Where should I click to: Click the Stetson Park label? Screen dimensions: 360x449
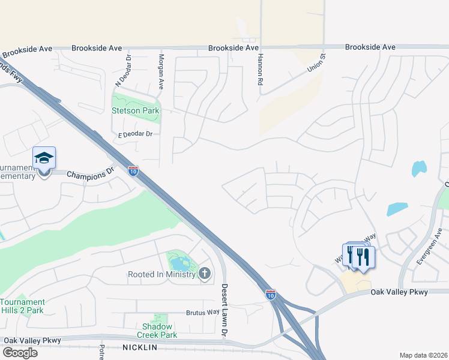[x=135, y=110]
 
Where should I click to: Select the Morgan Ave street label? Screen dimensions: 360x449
[x=161, y=71]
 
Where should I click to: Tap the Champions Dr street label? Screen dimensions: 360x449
[x=91, y=175]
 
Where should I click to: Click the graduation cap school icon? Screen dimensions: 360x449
[x=44, y=158]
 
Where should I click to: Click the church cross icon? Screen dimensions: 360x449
[x=205, y=274]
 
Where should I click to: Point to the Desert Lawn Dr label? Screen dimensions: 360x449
[x=225, y=309]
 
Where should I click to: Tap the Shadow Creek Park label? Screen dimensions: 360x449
[x=157, y=331]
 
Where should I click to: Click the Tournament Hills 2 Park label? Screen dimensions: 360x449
[x=23, y=306]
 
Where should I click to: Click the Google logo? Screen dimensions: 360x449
[x=20, y=353]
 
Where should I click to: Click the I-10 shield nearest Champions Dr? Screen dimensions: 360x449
[x=133, y=171]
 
